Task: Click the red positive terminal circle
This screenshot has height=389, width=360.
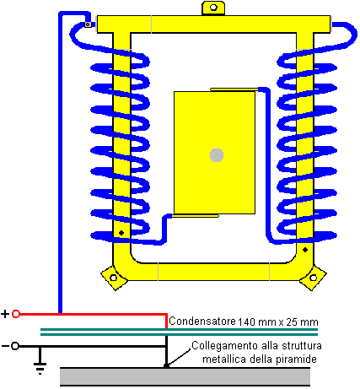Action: (16, 314)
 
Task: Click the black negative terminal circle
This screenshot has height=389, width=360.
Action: (15, 346)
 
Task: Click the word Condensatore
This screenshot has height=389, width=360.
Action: (202, 321)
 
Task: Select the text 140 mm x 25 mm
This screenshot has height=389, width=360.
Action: (278, 321)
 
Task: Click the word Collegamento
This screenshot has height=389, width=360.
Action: (224, 346)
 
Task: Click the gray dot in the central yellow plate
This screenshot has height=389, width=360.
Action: (217, 155)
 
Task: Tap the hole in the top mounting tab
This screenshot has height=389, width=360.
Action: (213, 8)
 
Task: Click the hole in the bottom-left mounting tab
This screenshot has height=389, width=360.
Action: (113, 278)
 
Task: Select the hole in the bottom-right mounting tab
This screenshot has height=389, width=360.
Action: (313, 278)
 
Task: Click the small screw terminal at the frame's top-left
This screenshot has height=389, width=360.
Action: (88, 24)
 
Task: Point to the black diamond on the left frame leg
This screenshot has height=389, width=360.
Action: (121, 233)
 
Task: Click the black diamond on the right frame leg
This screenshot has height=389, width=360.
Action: (305, 250)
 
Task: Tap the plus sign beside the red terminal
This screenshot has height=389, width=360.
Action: (5, 314)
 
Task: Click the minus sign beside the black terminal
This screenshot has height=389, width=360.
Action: (5, 346)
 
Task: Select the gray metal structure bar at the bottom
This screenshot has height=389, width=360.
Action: (185, 376)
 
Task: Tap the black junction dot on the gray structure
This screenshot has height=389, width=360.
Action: (166, 365)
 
